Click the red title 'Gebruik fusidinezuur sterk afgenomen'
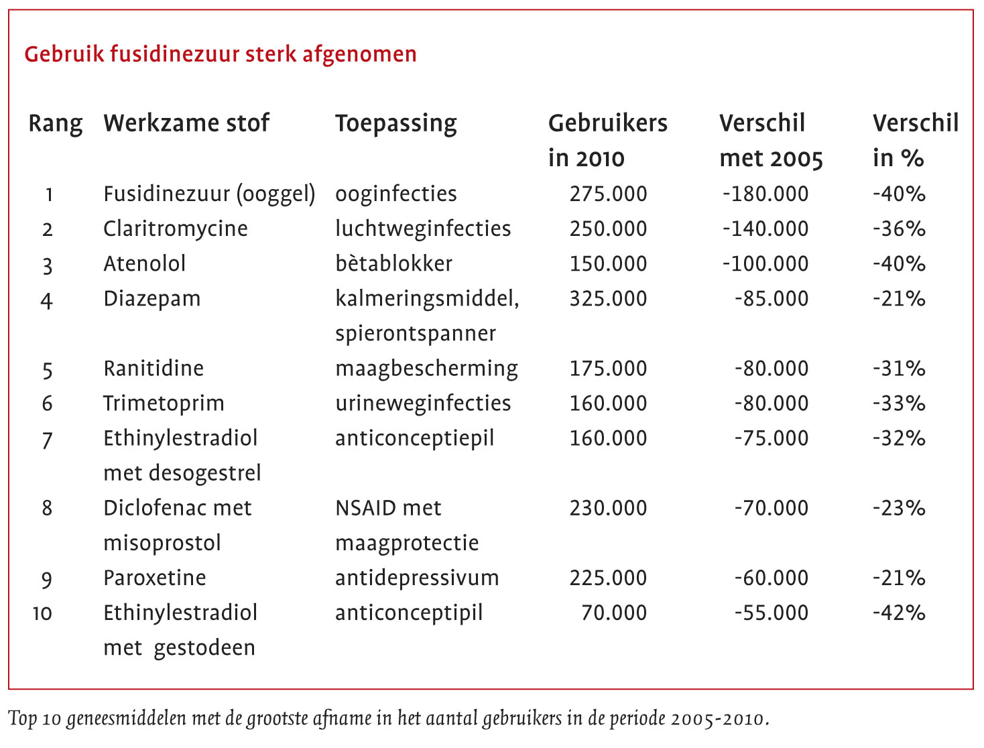click(220, 54)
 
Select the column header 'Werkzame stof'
click(186, 123)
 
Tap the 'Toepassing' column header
click(395, 123)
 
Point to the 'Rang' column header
click(55, 124)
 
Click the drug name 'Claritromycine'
click(175, 229)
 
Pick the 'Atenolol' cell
click(144, 263)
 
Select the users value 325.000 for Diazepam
click(608, 298)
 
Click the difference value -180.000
click(765, 194)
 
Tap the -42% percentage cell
click(898, 613)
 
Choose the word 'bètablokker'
click(393, 263)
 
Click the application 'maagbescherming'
click(426, 369)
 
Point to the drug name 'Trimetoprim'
click(164, 403)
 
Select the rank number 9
click(47, 578)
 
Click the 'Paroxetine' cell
click(154, 578)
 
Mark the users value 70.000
click(613, 613)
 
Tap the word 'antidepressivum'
click(417, 578)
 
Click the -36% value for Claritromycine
click(898, 229)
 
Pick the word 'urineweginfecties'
click(423, 403)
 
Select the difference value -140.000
click(765, 229)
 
